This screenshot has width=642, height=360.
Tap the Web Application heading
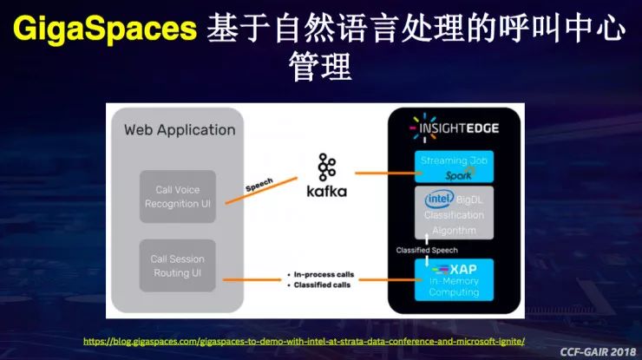click(x=180, y=130)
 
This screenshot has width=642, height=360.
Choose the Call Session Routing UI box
click(x=177, y=266)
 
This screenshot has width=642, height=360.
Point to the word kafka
click(x=327, y=190)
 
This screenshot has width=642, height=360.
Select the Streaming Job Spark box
click(x=453, y=167)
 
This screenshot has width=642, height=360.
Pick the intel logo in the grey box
click(x=436, y=200)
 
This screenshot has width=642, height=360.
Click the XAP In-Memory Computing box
click(x=453, y=278)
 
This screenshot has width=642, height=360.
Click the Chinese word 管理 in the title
click(x=320, y=67)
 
